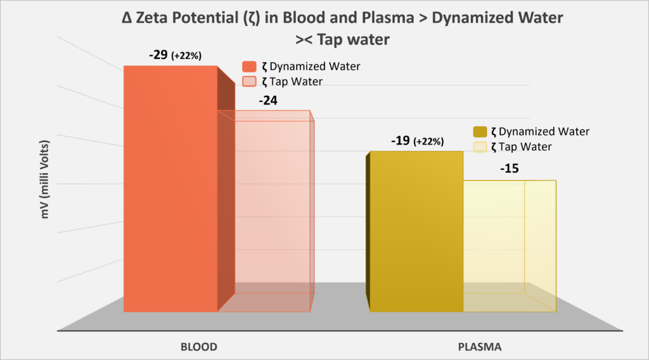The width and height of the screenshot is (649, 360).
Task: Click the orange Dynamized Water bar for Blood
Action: click(170, 190)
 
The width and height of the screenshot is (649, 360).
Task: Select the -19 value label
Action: click(400, 141)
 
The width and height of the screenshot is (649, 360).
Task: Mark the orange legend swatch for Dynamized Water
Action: click(249, 67)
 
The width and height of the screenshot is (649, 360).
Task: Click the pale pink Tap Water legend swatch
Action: click(249, 82)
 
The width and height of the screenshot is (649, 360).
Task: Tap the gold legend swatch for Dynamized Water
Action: click(480, 132)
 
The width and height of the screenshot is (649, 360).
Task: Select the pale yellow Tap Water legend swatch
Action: click(480, 147)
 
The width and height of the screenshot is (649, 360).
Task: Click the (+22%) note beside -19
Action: click(428, 143)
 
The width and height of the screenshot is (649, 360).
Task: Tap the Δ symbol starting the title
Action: click(127, 18)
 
